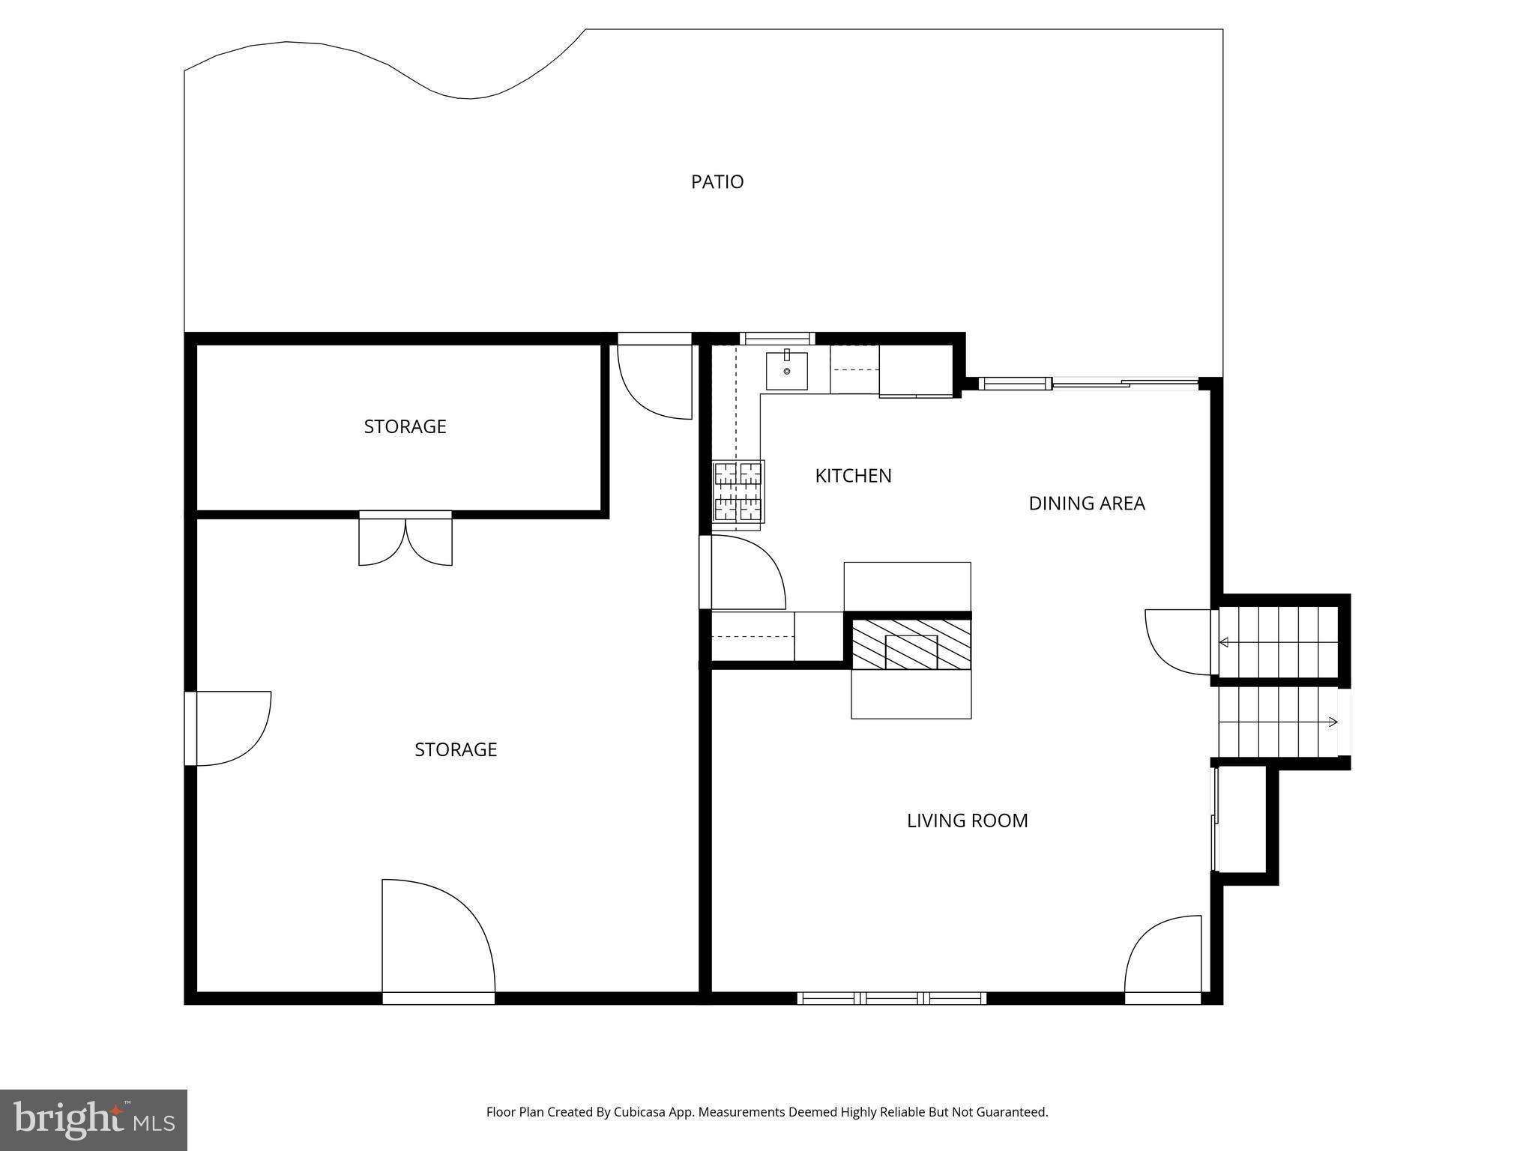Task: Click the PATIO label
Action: pos(717,182)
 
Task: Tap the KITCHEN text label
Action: pos(853,476)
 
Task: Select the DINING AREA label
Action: pos(1086,504)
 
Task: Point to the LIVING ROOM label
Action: pos(967,821)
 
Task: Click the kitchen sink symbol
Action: pos(786,371)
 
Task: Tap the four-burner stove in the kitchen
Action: pos(738,492)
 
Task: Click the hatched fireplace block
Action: pos(911,644)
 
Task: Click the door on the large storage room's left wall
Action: pos(229,728)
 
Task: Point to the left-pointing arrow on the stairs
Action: pos(1224,642)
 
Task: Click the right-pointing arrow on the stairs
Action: pos(1333,722)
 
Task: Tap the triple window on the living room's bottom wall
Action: pos(891,998)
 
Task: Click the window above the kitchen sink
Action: pos(777,339)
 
